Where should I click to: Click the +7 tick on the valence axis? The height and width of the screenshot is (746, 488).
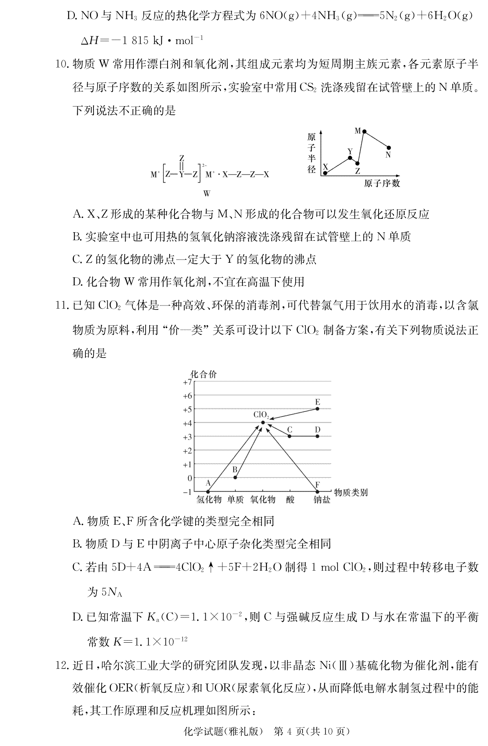coord(187,382)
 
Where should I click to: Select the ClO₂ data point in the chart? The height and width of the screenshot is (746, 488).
coord(263,423)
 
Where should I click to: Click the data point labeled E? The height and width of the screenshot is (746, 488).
coord(318,408)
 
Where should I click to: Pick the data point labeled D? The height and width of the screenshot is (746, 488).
coord(318,436)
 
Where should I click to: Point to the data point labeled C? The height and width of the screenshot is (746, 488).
coord(290,436)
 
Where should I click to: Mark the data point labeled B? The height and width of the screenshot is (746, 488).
coord(235,478)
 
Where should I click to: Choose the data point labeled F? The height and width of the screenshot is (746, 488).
coord(318,491)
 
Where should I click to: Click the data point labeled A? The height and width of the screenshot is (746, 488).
coord(208,491)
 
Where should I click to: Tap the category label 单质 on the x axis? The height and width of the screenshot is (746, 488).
coord(235,500)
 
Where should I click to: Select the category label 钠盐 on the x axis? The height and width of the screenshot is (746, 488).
coord(322,500)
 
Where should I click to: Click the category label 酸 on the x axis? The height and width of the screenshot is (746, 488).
coord(290,500)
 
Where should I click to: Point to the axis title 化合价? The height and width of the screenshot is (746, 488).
coord(203,374)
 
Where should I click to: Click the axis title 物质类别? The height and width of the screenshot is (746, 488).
coord(351,492)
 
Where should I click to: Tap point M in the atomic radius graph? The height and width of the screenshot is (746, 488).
coord(364,131)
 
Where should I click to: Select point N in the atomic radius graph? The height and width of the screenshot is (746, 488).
coord(389,148)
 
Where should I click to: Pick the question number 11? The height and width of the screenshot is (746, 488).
coord(63,307)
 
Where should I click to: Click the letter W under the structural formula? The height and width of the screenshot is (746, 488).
coord(207,194)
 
